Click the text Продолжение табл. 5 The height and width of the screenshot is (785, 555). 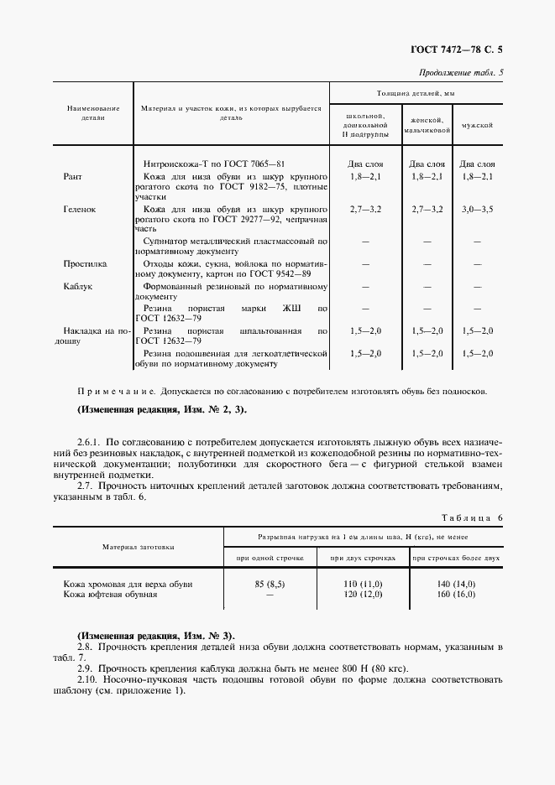(461, 72)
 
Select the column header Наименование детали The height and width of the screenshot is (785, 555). (93, 113)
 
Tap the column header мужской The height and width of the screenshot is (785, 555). (476, 125)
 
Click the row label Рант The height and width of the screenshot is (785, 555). (73, 177)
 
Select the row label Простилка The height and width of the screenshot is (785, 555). (85, 263)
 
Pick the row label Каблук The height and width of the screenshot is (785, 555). (77, 286)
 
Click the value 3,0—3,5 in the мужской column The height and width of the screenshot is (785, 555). (477, 208)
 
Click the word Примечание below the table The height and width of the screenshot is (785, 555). (110, 392)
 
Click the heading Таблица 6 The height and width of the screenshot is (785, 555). (470, 518)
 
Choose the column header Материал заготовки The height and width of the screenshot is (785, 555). (139, 546)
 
